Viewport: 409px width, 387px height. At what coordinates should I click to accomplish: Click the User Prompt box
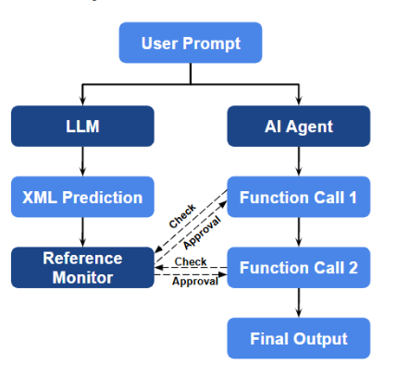(x=191, y=43)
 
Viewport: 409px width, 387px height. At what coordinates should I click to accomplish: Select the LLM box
(x=82, y=126)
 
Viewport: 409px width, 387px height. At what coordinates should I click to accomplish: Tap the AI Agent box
(x=298, y=126)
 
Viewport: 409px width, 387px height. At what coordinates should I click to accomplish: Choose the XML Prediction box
(x=82, y=197)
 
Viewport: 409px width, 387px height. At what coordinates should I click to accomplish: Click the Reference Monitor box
(x=82, y=267)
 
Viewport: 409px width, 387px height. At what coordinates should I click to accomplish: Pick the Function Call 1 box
(x=298, y=197)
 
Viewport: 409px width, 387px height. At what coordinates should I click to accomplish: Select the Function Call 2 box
(x=298, y=268)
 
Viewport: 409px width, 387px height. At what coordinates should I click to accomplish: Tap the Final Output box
(x=298, y=338)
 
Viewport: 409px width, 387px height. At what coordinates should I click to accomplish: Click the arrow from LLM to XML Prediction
(x=82, y=161)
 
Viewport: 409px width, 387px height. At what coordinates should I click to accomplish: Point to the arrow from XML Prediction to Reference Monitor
(x=82, y=232)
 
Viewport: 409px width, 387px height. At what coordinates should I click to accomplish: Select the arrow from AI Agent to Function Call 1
(x=298, y=161)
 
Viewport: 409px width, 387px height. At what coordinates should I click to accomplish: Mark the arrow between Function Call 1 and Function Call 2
(x=298, y=232)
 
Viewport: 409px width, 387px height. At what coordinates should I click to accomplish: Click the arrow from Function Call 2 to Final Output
(x=298, y=303)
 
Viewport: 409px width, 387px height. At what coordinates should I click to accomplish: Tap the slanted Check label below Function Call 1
(x=183, y=216)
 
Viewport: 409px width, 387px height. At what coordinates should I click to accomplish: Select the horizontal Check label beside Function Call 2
(x=191, y=261)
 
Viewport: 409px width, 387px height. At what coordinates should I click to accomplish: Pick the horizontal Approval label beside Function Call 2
(x=194, y=282)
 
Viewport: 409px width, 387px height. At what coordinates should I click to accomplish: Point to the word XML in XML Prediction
(x=41, y=197)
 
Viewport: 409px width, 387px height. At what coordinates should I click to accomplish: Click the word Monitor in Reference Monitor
(x=82, y=276)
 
